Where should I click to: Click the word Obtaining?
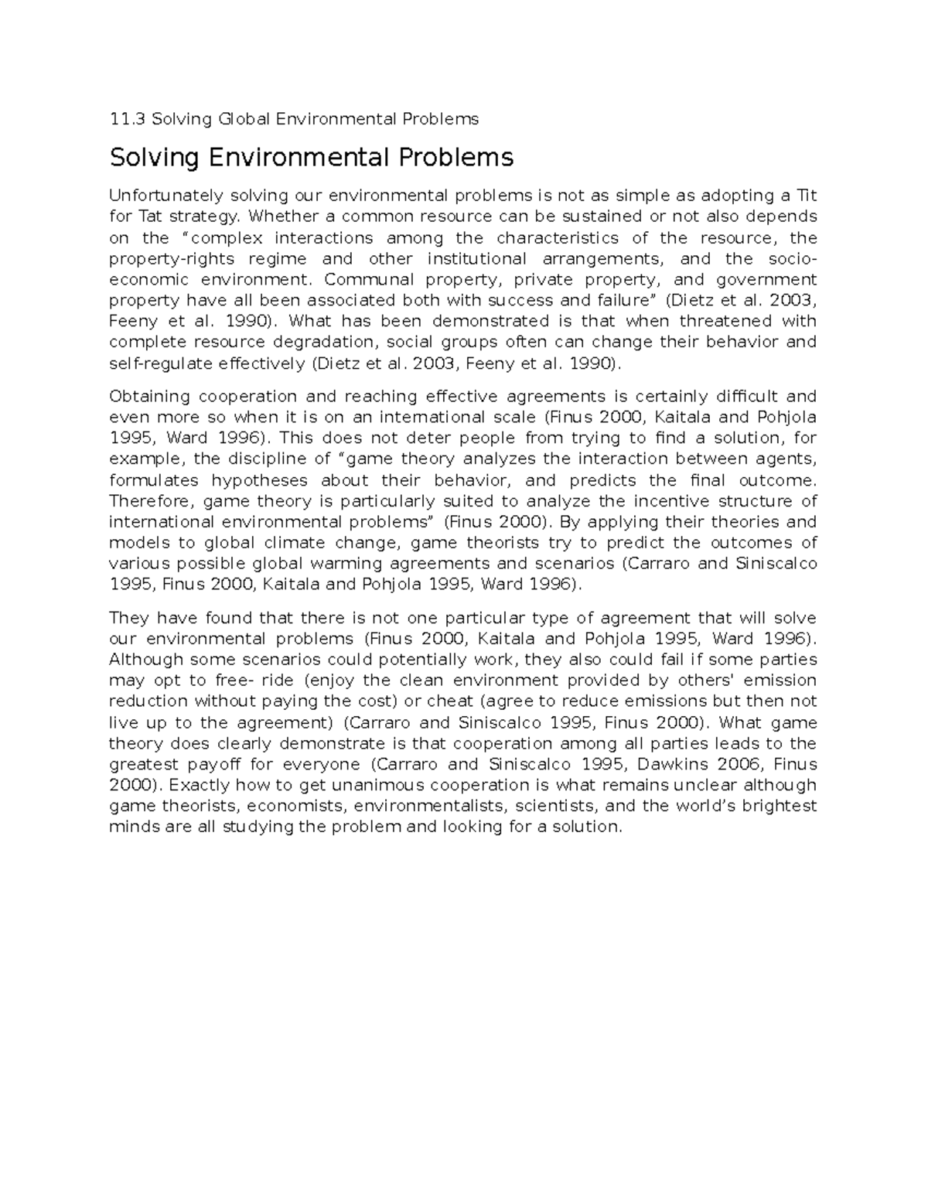tap(150, 397)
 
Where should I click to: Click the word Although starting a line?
tap(147, 660)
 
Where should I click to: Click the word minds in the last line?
tap(131, 827)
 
